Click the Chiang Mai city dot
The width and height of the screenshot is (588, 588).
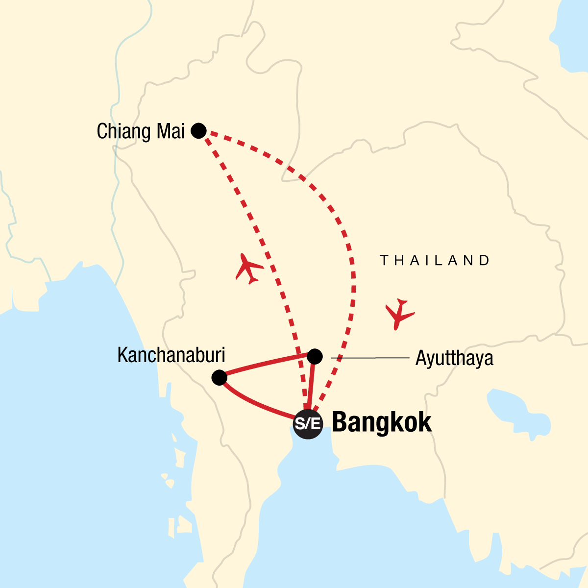tap(198, 131)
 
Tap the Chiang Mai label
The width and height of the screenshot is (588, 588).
tap(141, 131)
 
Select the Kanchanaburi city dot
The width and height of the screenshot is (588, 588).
tap(219, 377)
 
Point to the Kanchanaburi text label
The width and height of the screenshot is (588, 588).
tap(171, 355)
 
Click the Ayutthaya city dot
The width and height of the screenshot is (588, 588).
tap(315, 356)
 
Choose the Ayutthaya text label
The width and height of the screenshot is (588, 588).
tap(454, 359)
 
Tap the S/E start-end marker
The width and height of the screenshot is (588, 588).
tap(308, 424)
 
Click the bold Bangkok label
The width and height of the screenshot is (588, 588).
tap(382, 422)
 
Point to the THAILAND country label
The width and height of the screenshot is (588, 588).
tap(435, 261)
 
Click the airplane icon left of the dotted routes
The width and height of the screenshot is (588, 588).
tap(249, 268)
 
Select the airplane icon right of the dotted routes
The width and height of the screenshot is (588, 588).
tap(399, 314)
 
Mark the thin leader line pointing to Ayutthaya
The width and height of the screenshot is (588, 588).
tap(370, 358)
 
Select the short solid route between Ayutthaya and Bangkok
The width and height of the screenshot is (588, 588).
tap(311, 387)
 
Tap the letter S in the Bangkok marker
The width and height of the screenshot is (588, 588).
tap(300, 424)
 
